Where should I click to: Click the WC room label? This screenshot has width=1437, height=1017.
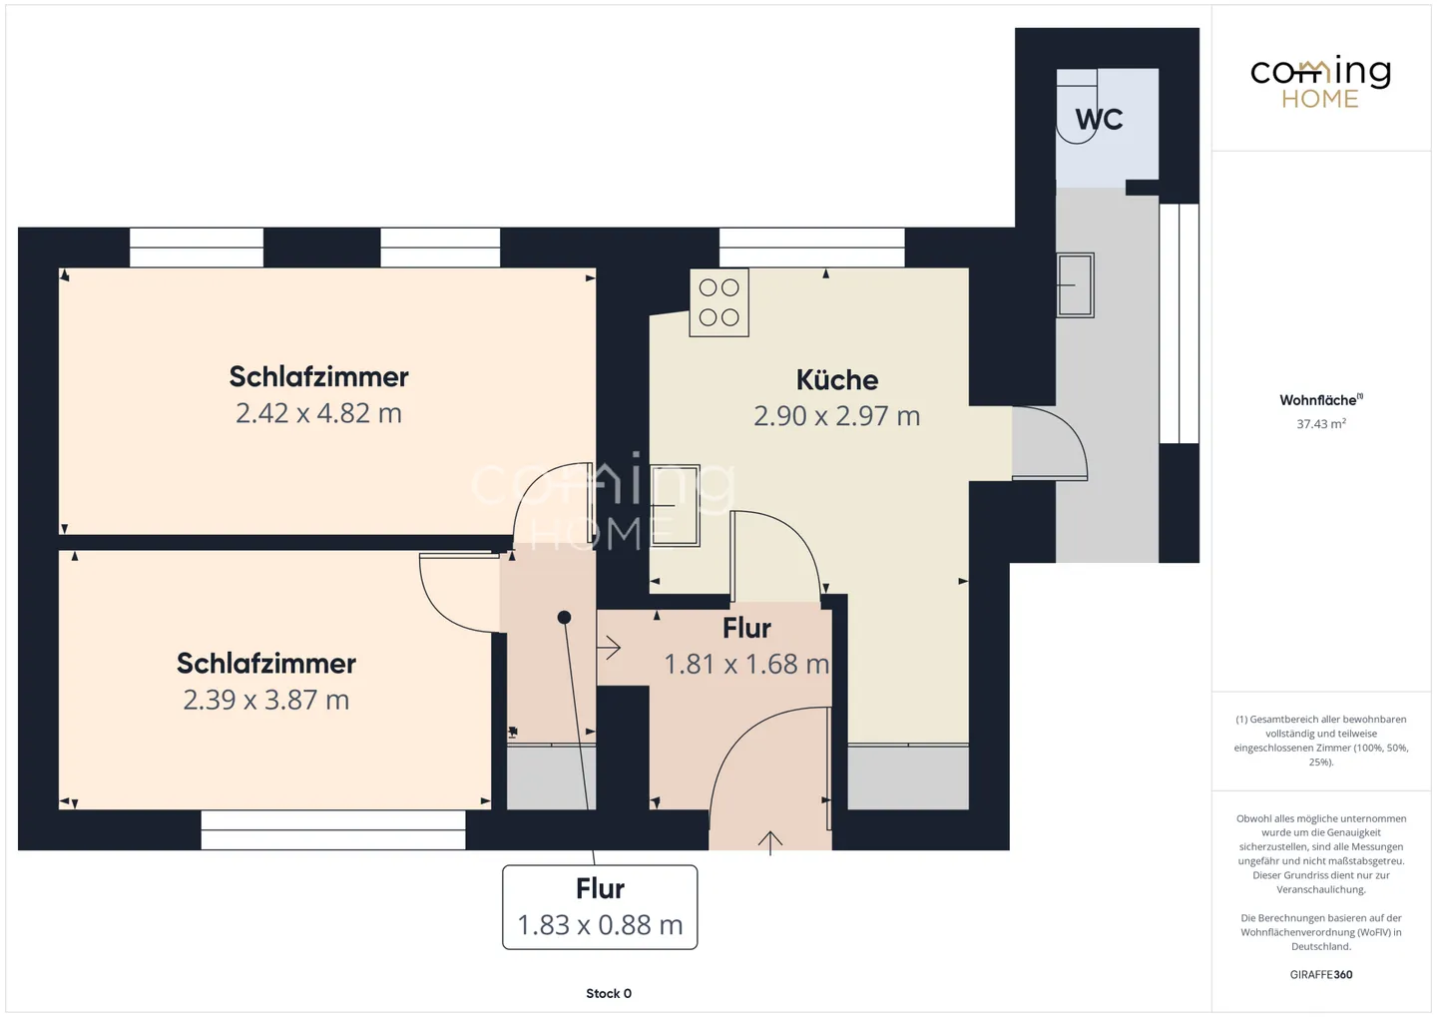click(x=1099, y=120)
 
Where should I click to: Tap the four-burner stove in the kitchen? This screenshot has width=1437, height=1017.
click(x=718, y=302)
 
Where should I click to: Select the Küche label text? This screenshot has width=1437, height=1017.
click(x=837, y=380)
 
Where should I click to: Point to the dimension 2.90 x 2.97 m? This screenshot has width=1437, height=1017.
click(x=836, y=416)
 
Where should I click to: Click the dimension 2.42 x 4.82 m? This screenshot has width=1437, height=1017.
click(x=319, y=413)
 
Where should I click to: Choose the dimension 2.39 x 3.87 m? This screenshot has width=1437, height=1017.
click(x=266, y=700)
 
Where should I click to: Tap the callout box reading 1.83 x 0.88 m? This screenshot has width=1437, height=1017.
click(x=600, y=906)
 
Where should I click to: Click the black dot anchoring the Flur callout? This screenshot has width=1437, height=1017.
click(x=565, y=617)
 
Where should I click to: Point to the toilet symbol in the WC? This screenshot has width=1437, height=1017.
click(x=1077, y=106)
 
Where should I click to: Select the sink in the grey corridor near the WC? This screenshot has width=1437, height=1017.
click(x=1075, y=284)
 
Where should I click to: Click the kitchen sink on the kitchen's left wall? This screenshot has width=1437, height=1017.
click(x=675, y=506)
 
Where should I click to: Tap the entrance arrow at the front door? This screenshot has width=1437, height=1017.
click(x=769, y=842)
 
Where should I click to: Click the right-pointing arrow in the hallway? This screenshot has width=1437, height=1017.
click(x=609, y=648)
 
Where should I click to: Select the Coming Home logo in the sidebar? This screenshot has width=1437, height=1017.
click(x=1321, y=82)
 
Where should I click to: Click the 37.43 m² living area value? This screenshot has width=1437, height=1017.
click(x=1321, y=424)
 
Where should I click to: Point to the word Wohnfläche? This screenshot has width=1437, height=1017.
click(x=1318, y=401)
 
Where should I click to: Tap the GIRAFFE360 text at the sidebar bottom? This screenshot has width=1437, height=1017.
click(x=1321, y=975)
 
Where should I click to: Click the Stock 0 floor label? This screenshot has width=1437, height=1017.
click(x=609, y=993)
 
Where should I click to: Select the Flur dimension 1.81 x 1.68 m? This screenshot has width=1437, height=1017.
click(x=746, y=664)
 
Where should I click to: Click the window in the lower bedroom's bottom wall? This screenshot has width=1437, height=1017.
click(x=333, y=830)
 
